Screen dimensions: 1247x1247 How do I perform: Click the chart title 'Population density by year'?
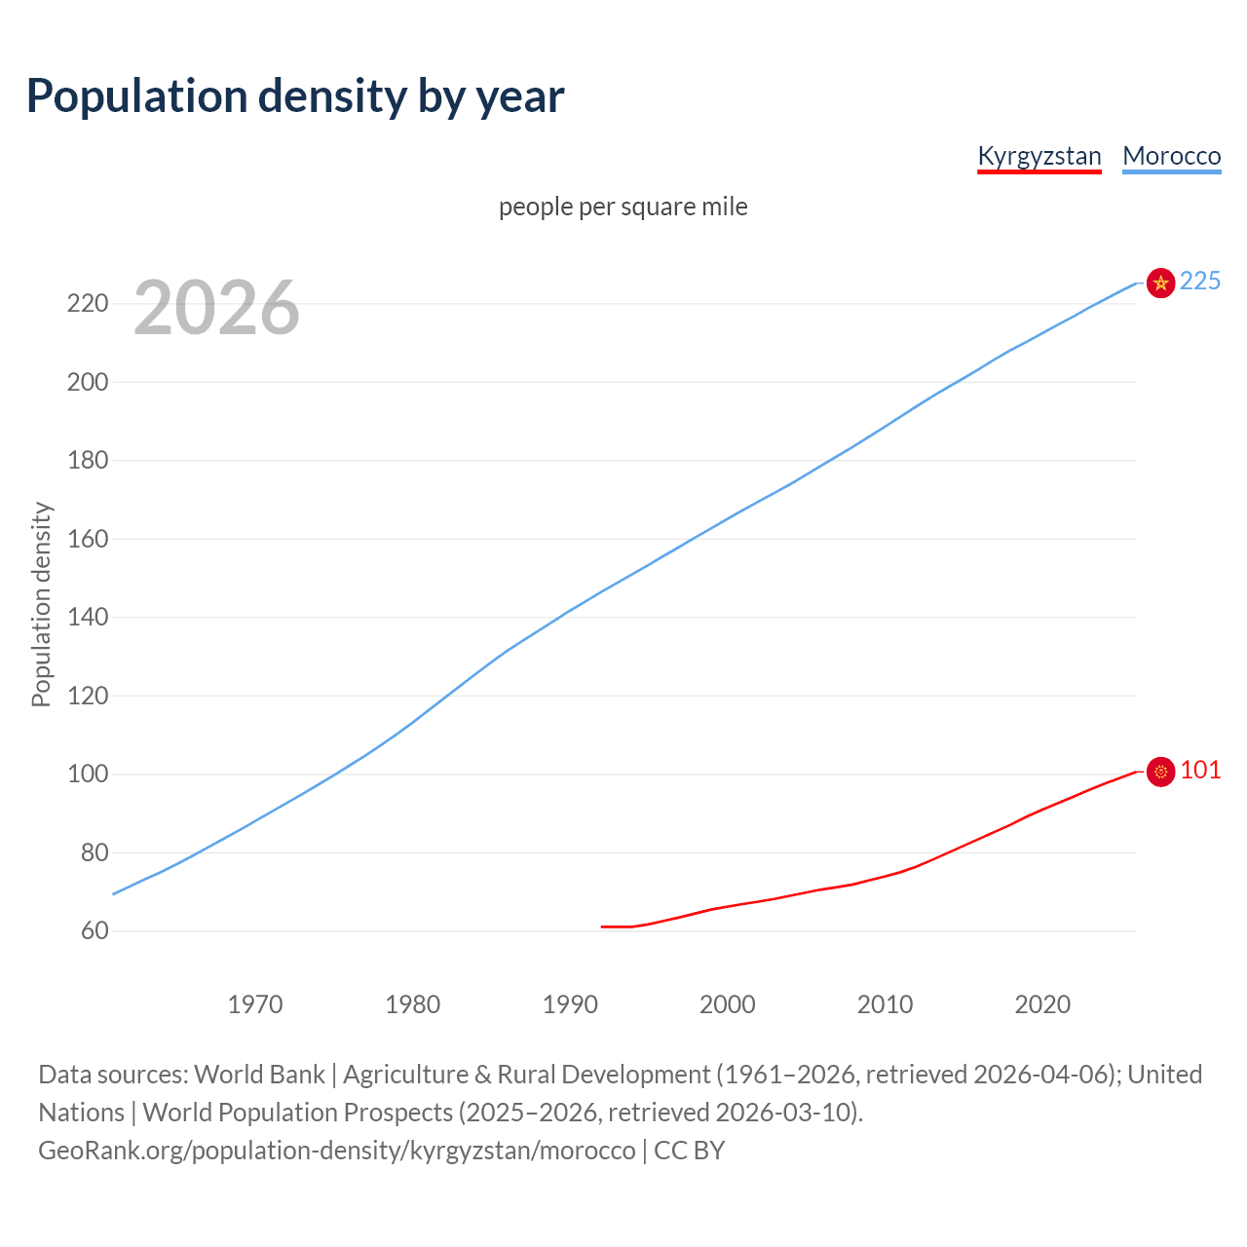(x=295, y=96)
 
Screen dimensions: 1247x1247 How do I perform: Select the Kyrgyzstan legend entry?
(x=1039, y=156)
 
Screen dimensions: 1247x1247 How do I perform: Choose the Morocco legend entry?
(x=1171, y=156)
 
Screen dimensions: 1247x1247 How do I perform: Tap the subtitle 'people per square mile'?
(x=623, y=207)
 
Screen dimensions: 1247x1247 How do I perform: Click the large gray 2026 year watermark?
(x=216, y=308)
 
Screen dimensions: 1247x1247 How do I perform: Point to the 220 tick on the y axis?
(x=87, y=304)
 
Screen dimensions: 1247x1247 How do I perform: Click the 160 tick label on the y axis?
(x=87, y=539)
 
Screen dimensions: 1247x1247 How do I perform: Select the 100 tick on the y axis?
(x=87, y=775)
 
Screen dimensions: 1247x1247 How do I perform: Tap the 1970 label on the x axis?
(x=255, y=1004)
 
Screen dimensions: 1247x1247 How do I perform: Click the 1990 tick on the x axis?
(x=570, y=1004)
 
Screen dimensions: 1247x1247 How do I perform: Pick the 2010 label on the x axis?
(x=885, y=1004)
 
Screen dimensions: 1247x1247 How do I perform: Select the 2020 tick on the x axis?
(x=1042, y=1004)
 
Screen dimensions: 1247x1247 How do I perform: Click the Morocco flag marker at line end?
(x=1160, y=283)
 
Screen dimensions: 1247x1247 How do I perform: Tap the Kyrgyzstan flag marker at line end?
(x=1160, y=772)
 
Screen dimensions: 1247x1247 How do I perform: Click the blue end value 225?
(x=1200, y=282)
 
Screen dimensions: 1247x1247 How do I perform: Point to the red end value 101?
(x=1200, y=771)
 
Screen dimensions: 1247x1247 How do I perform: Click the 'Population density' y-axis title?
(x=41, y=604)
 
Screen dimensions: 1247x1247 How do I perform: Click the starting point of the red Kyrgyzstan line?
(x=602, y=926)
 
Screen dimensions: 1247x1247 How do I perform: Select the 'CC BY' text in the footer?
(x=689, y=1151)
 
